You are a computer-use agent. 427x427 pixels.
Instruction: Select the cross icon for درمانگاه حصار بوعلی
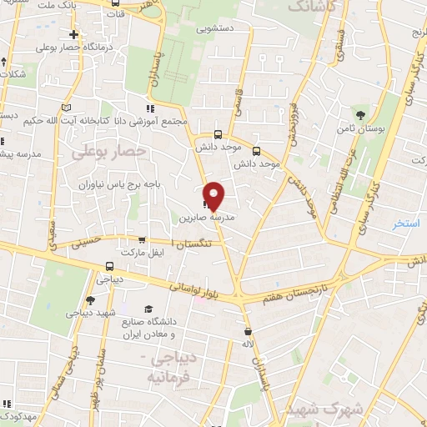point(75,35)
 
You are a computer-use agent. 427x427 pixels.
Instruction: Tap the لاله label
point(247,344)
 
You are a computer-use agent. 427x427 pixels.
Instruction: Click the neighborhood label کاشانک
point(309,7)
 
